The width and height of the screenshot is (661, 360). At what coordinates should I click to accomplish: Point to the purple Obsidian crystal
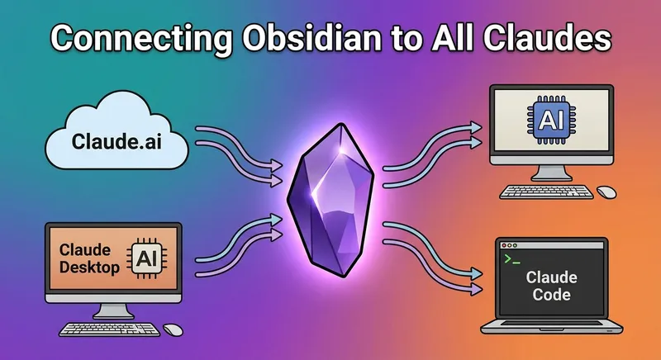click(329, 198)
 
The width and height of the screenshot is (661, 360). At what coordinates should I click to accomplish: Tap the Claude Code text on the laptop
click(551, 287)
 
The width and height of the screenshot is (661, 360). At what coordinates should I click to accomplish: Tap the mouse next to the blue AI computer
click(606, 192)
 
